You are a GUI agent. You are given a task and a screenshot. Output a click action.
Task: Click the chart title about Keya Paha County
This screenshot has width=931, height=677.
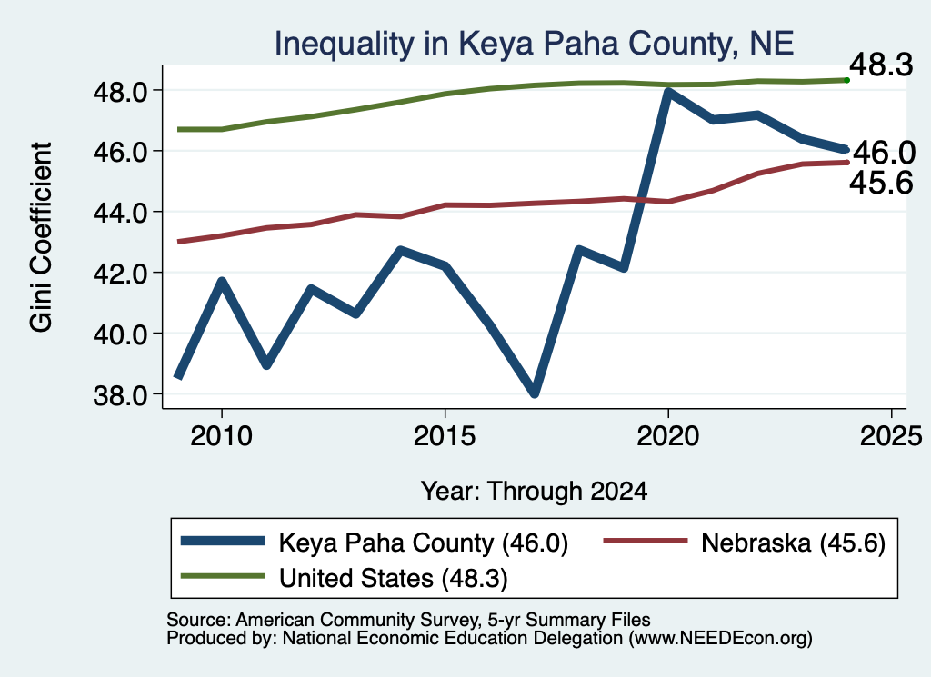[x=534, y=44]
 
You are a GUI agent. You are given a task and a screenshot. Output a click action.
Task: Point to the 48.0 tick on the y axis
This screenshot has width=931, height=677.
[x=120, y=92]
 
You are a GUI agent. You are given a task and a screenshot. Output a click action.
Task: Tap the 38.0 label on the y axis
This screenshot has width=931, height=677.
[x=120, y=395]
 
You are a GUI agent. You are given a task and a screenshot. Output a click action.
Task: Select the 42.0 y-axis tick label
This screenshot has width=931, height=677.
[x=120, y=274]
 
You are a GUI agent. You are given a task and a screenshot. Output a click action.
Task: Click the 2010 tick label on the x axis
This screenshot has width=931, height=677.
[x=222, y=437]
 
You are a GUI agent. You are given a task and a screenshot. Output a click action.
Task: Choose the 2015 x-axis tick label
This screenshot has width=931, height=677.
[x=445, y=437]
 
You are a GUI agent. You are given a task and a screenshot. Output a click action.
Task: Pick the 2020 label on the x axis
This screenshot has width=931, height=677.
[x=668, y=437]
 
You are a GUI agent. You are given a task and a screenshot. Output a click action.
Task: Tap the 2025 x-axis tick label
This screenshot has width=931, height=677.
[x=891, y=437]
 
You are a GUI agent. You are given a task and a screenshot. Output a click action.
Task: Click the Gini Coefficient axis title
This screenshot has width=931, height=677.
[x=41, y=237]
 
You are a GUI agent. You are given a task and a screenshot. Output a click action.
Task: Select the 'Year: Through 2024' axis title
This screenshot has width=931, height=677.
[x=534, y=492]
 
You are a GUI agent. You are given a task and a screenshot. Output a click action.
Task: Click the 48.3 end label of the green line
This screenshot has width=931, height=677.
[x=881, y=65]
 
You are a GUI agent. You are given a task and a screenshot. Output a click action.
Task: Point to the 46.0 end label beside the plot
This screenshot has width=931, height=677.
[x=885, y=153]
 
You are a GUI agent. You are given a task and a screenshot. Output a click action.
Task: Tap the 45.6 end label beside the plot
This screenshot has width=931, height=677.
[x=881, y=182]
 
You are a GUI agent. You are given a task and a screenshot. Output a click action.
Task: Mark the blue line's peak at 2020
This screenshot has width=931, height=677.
[x=668, y=93]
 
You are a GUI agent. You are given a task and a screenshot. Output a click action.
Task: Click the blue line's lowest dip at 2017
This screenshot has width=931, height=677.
[x=535, y=392]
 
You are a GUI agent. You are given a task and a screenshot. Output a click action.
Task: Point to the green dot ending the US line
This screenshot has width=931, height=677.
[x=846, y=80]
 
